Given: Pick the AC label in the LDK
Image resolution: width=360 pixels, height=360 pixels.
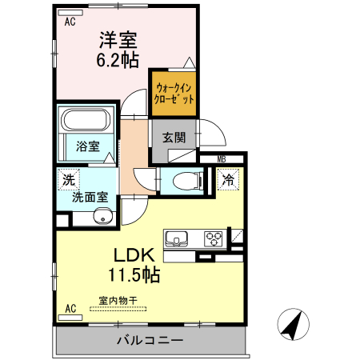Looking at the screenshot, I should pyautogui.click(x=70, y=307).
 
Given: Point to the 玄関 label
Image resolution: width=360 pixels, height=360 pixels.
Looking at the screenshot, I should pyautogui.click(x=174, y=137).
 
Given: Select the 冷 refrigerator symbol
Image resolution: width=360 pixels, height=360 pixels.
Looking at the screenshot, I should pyautogui.click(x=228, y=180).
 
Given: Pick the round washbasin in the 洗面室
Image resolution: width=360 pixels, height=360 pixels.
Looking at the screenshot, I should pyautogui.click(x=102, y=216).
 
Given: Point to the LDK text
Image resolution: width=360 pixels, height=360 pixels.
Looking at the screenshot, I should pyautogui.click(x=133, y=256).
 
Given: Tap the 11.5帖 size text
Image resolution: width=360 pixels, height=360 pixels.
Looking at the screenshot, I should pyautogui.click(x=134, y=276).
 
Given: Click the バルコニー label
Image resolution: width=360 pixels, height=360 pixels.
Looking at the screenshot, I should pyautogui.click(x=150, y=340).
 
